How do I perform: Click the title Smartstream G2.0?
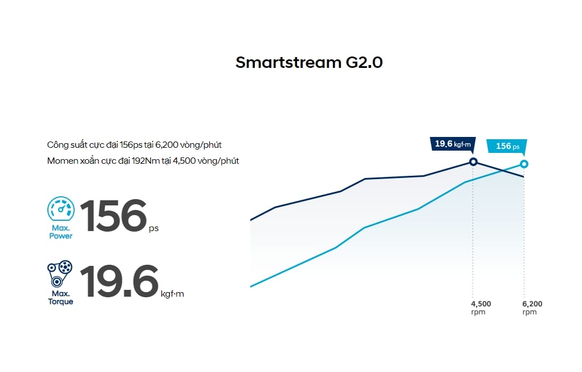click(x=309, y=62)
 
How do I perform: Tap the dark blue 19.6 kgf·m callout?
click(x=451, y=144)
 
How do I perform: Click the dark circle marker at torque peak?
click(x=473, y=161)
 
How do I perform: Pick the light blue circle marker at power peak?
click(x=524, y=164)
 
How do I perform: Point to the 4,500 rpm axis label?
click(x=481, y=308)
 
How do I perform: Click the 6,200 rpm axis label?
click(x=532, y=308)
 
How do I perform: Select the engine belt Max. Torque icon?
click(x=60, y=273)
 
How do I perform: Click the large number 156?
click(x=113, y=216)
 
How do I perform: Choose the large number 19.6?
click(x=119, y=281)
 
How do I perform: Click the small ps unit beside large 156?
click(x=153, y=228)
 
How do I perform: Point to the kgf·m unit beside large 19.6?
click(x=173, y=294)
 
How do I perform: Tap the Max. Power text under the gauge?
click(x=60, y=232)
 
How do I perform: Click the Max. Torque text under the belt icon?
click(x=60, y=297)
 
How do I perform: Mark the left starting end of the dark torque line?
click(x=251, y=220)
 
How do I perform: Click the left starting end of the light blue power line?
click(x=251, y=286)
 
